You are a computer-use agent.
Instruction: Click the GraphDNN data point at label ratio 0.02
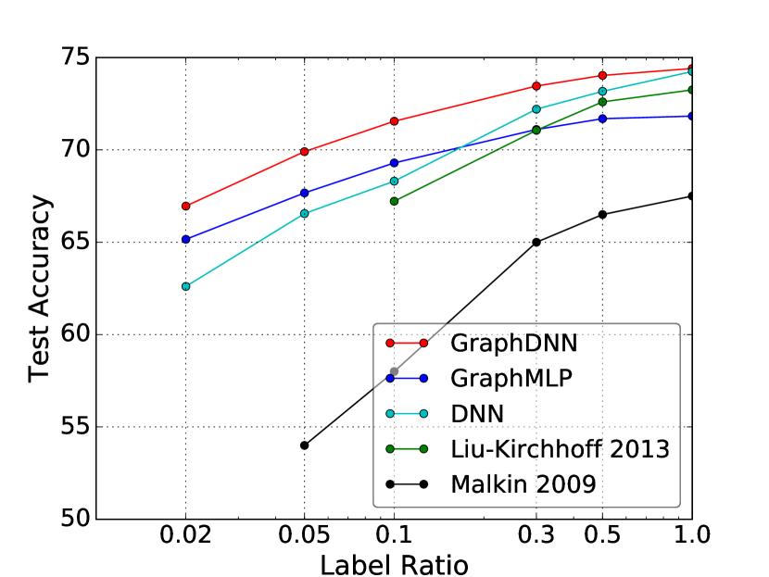[186, 206]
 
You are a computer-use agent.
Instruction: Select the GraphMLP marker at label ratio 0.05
[305, 193]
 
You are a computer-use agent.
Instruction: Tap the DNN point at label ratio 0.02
[186, 286]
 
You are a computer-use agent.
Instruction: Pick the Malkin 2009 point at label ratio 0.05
[305, 445]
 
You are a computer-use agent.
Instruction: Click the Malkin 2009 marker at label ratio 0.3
[536, 242]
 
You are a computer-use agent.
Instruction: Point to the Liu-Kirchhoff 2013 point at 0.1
[394, 201]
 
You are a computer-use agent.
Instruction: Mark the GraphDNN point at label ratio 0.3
[536, 86]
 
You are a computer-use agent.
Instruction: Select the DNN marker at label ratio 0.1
[394, 181]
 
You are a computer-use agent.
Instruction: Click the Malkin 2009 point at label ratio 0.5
[602, 214]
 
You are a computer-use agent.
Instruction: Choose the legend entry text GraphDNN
[514, 343]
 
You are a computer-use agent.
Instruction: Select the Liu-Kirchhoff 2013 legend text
[560, 448]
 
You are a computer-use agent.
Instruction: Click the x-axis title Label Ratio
[394, 563]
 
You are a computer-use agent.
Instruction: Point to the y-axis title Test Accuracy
[39, 288]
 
